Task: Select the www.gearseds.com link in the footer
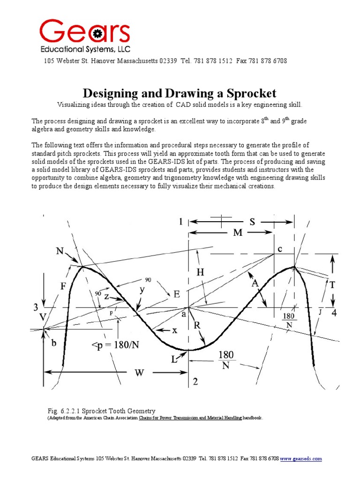(x=301, y=458)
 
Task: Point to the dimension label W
(x=140, y=373)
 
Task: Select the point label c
(x=280, y=249)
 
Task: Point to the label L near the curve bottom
(x=174, y=360)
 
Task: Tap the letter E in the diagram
(x=177, y=294)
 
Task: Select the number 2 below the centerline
(x=195, y=382)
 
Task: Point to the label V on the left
(x=43, y=317)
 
